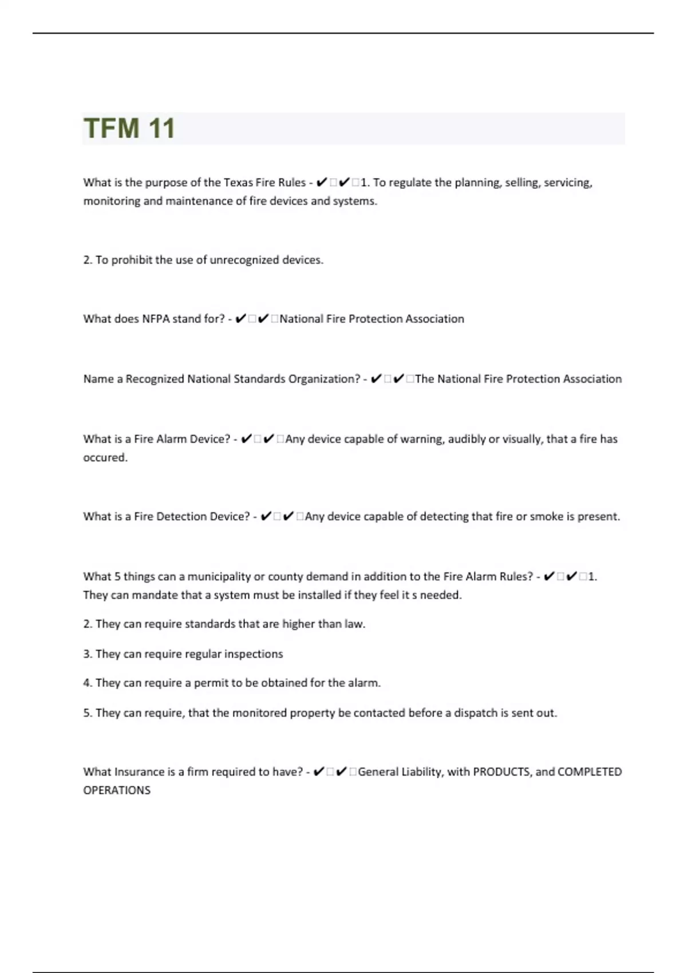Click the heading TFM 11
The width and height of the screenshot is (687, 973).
(x=129, y=128)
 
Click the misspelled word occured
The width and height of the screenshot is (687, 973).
(x=105, y=458)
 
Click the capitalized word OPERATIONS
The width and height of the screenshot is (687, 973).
(x=117, y=790)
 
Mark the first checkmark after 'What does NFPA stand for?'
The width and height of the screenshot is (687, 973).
(x=240, y=319)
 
